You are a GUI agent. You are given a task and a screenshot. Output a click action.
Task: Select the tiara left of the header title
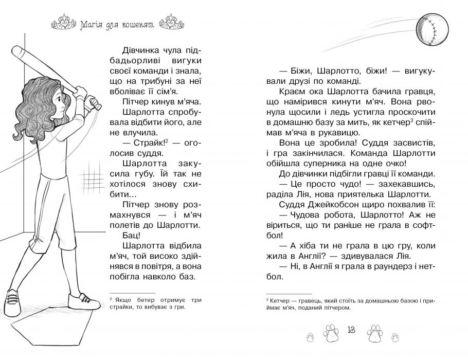click(62, 23)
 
